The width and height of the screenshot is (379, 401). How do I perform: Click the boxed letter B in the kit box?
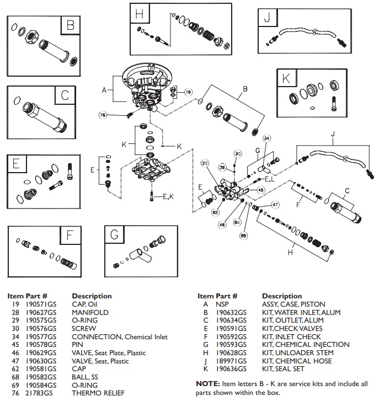pyautogui.click(x=70, y=25)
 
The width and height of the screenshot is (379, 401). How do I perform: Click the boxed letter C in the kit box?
pyautogui.click(x=65, y=95)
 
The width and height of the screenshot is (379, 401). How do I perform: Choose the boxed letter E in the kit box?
pyautogui.click(x=17, y=163)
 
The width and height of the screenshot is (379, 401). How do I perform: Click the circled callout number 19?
pyautogui.click(x=188, y=92)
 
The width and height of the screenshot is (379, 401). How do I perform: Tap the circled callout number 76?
pyautogui.click(x=103, y=115)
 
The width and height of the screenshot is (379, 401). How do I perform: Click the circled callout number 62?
pyautogui.click(x=215, y=212)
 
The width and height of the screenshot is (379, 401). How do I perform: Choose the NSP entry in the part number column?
pyautogui.click(x=223, y=304)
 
